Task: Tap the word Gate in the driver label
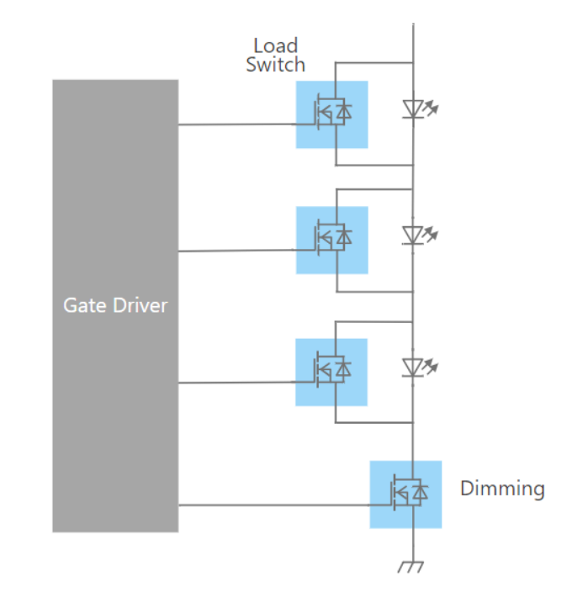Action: (82, 304)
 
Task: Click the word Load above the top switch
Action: (276, 45)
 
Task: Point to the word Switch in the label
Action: (276, 64)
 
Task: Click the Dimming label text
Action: (502, 489)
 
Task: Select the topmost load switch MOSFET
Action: (331, 114)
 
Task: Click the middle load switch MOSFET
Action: (331, 240)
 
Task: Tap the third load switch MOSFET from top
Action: (331, 372)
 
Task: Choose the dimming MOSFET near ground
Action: (405, 494)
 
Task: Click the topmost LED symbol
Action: (414, 108)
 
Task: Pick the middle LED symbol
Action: (414, 234)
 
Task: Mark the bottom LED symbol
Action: (414, 366)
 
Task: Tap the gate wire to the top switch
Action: (236, 124)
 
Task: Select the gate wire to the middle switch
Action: (236, 250)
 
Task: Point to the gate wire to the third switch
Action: (236, 383)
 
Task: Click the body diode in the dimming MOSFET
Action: (419, 490)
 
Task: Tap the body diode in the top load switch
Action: (343, 111)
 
